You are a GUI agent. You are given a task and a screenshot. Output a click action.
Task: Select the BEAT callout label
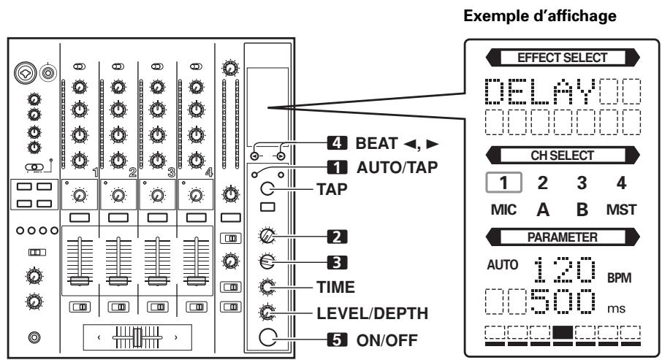364,139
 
